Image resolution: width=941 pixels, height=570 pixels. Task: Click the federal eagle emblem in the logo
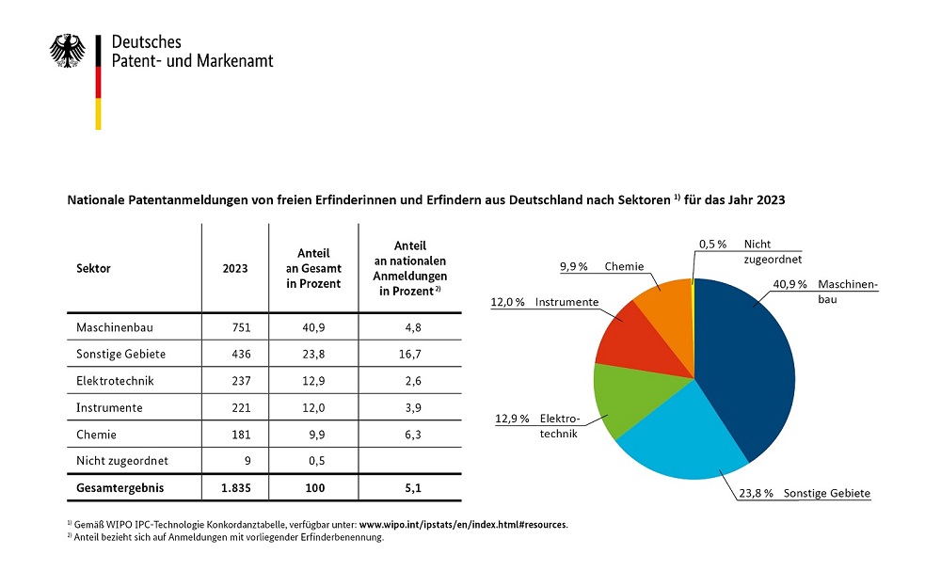point(67,51)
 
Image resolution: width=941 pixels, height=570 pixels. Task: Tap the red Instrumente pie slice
point(636,339)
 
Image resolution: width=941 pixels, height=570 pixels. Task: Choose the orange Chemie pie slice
point(667,306)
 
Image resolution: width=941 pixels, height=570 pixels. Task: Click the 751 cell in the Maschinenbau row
point(241,327)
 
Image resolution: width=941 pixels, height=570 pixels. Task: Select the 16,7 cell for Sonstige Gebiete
point(410,354)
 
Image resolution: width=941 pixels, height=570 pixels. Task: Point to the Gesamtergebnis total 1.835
point(236,488)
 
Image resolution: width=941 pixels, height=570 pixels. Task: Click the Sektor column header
point(93,268)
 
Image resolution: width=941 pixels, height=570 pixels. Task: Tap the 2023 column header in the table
point(235,268)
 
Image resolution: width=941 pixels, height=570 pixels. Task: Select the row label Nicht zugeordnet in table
point(121,461)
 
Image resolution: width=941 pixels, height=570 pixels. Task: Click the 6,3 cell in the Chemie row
point(413,435)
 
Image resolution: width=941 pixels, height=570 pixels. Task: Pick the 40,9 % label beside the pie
point(789,284)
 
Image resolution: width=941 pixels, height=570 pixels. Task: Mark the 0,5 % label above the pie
point(713,245)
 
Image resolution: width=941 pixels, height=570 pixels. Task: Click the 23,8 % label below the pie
point(757,493)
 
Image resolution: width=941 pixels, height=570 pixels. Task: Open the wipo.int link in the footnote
point(463,525)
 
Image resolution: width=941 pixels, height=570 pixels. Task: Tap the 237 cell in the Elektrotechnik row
point(241,381)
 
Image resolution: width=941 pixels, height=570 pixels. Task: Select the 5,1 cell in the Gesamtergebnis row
point(413,488)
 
